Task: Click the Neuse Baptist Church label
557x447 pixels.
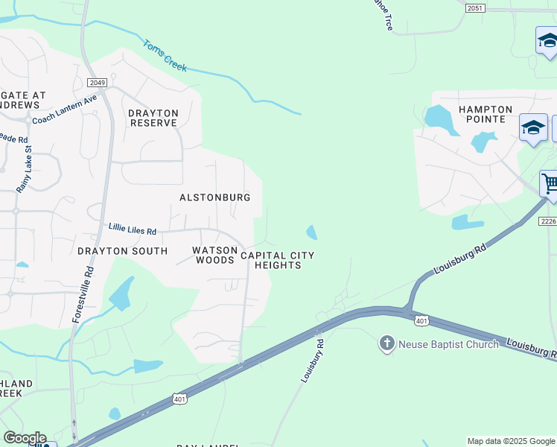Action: click(x=448, y=344)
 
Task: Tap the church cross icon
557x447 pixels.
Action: click(x=386, y=343)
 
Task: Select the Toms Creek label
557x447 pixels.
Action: click(x=165, y=56)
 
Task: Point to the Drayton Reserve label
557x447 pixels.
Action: click(x=153, y=118)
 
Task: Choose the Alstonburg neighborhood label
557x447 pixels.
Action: click(x=214, y=197)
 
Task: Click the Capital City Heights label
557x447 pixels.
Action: click(x=277, y=260)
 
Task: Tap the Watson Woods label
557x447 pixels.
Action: click(x=214, y=256)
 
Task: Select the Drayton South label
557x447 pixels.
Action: click(x=122, y=251)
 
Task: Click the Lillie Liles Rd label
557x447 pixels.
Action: click(x=133, y=231)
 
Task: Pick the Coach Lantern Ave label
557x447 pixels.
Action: click(x=65, y=109)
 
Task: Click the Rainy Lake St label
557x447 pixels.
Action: click(x=26, y=171)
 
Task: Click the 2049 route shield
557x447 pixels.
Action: click(x=96, y=82)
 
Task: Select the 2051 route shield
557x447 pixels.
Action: click(x=475, y=8)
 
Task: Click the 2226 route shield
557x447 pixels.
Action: click(x=548, y=221)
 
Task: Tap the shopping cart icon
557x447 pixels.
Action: click(x=550, y=183)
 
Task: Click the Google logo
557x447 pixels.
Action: click(x=25, y=438)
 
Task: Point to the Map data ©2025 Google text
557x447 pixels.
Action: click(x=511, y=441)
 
